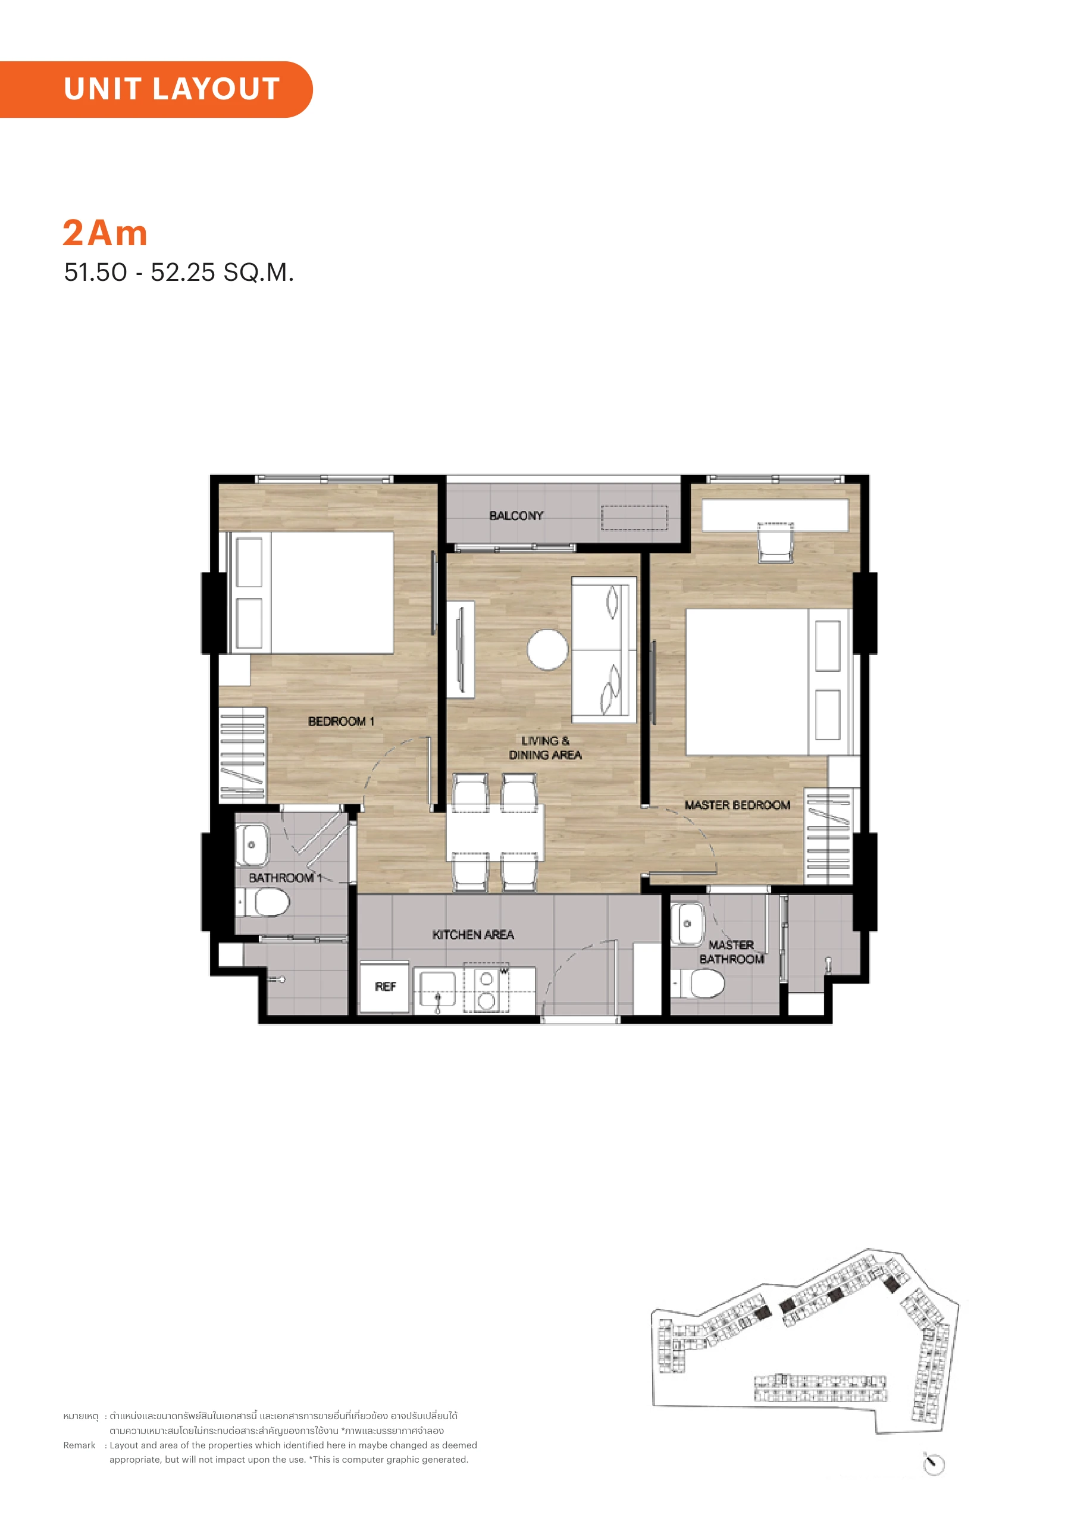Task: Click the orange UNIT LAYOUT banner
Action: click(x=156, y=89)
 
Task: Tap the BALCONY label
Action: click(x=516, y=515)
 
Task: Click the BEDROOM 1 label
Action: click(x=341, y=721)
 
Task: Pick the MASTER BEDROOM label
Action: click(x=737, y=805)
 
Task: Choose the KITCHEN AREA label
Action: click(x=472, y=934)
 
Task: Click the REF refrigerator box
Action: click(x=386, y=986)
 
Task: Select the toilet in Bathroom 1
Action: click(x=264, y=902)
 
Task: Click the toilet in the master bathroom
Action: click(x=698, y=984)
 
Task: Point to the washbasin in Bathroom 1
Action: click(x=252, y=844)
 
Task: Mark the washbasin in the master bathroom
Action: click(x=688, y=924)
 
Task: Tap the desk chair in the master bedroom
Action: click(x=775, y=543)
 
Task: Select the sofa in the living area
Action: click(x=604, y=650)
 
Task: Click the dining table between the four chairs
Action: click(x=495, y=832)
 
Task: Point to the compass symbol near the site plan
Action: click(x=934, y=1464)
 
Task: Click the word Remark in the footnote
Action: click(x=79, y=1445)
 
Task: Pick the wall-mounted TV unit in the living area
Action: click(x=460, y=649)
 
